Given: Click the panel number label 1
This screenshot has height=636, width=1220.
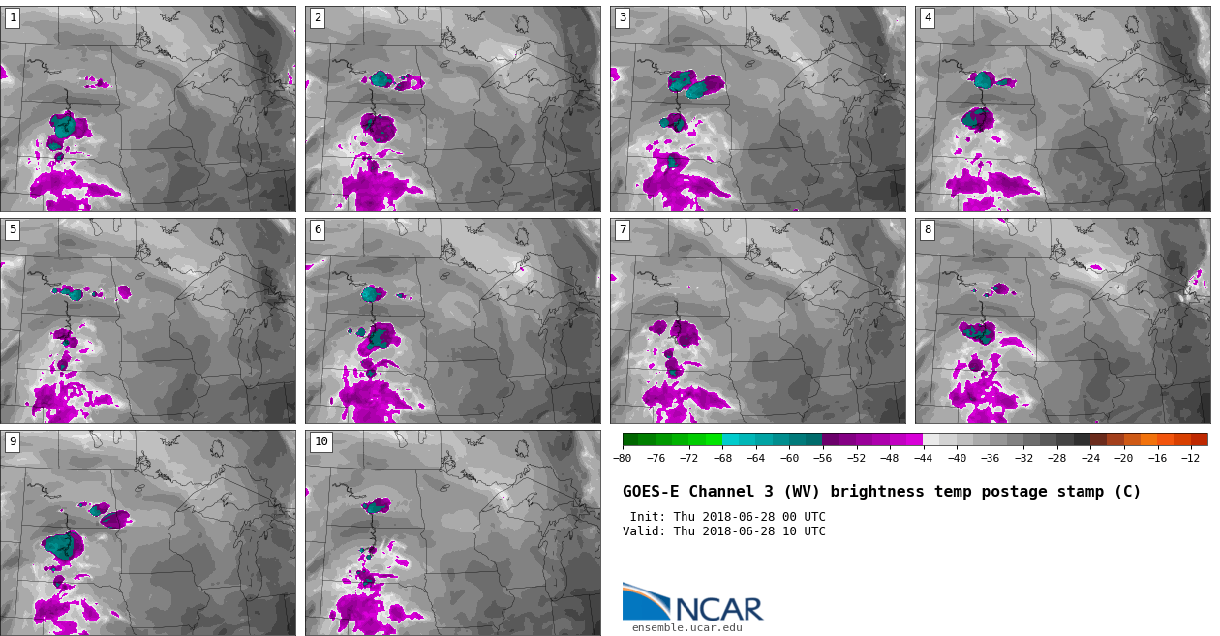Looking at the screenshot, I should tap(13, 17).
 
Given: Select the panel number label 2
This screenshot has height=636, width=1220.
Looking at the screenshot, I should tap(318, 17).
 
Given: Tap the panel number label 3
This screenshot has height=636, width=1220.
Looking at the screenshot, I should tap(623, 17).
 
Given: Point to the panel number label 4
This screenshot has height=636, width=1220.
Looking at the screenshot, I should tap(928, 17).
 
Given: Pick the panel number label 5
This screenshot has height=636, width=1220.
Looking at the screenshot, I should tap(13, 229).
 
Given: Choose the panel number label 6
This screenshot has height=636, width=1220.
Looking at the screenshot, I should tap(318, 229).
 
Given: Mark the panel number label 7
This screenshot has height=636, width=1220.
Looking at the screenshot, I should tap(623, 229).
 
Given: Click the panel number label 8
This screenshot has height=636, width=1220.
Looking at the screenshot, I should tap(928, 229).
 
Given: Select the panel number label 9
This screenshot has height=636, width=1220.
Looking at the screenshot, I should tap(13, 441).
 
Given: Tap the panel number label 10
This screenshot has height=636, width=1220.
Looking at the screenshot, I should tap(320, 441).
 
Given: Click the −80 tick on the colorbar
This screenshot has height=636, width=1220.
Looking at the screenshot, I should tap(623, 458).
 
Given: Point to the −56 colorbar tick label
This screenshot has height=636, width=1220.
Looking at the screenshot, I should tap(822, 458).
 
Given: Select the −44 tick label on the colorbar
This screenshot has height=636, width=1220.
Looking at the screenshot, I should tap(923, 458).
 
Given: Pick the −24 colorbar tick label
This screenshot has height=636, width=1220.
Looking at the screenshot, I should tap(1089, 458).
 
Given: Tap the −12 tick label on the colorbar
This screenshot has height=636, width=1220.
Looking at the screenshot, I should tap(1190, 458).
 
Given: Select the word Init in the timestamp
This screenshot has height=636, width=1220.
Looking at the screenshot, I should tap(645, 517).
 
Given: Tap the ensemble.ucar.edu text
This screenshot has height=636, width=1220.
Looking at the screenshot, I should tap(686, 628).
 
